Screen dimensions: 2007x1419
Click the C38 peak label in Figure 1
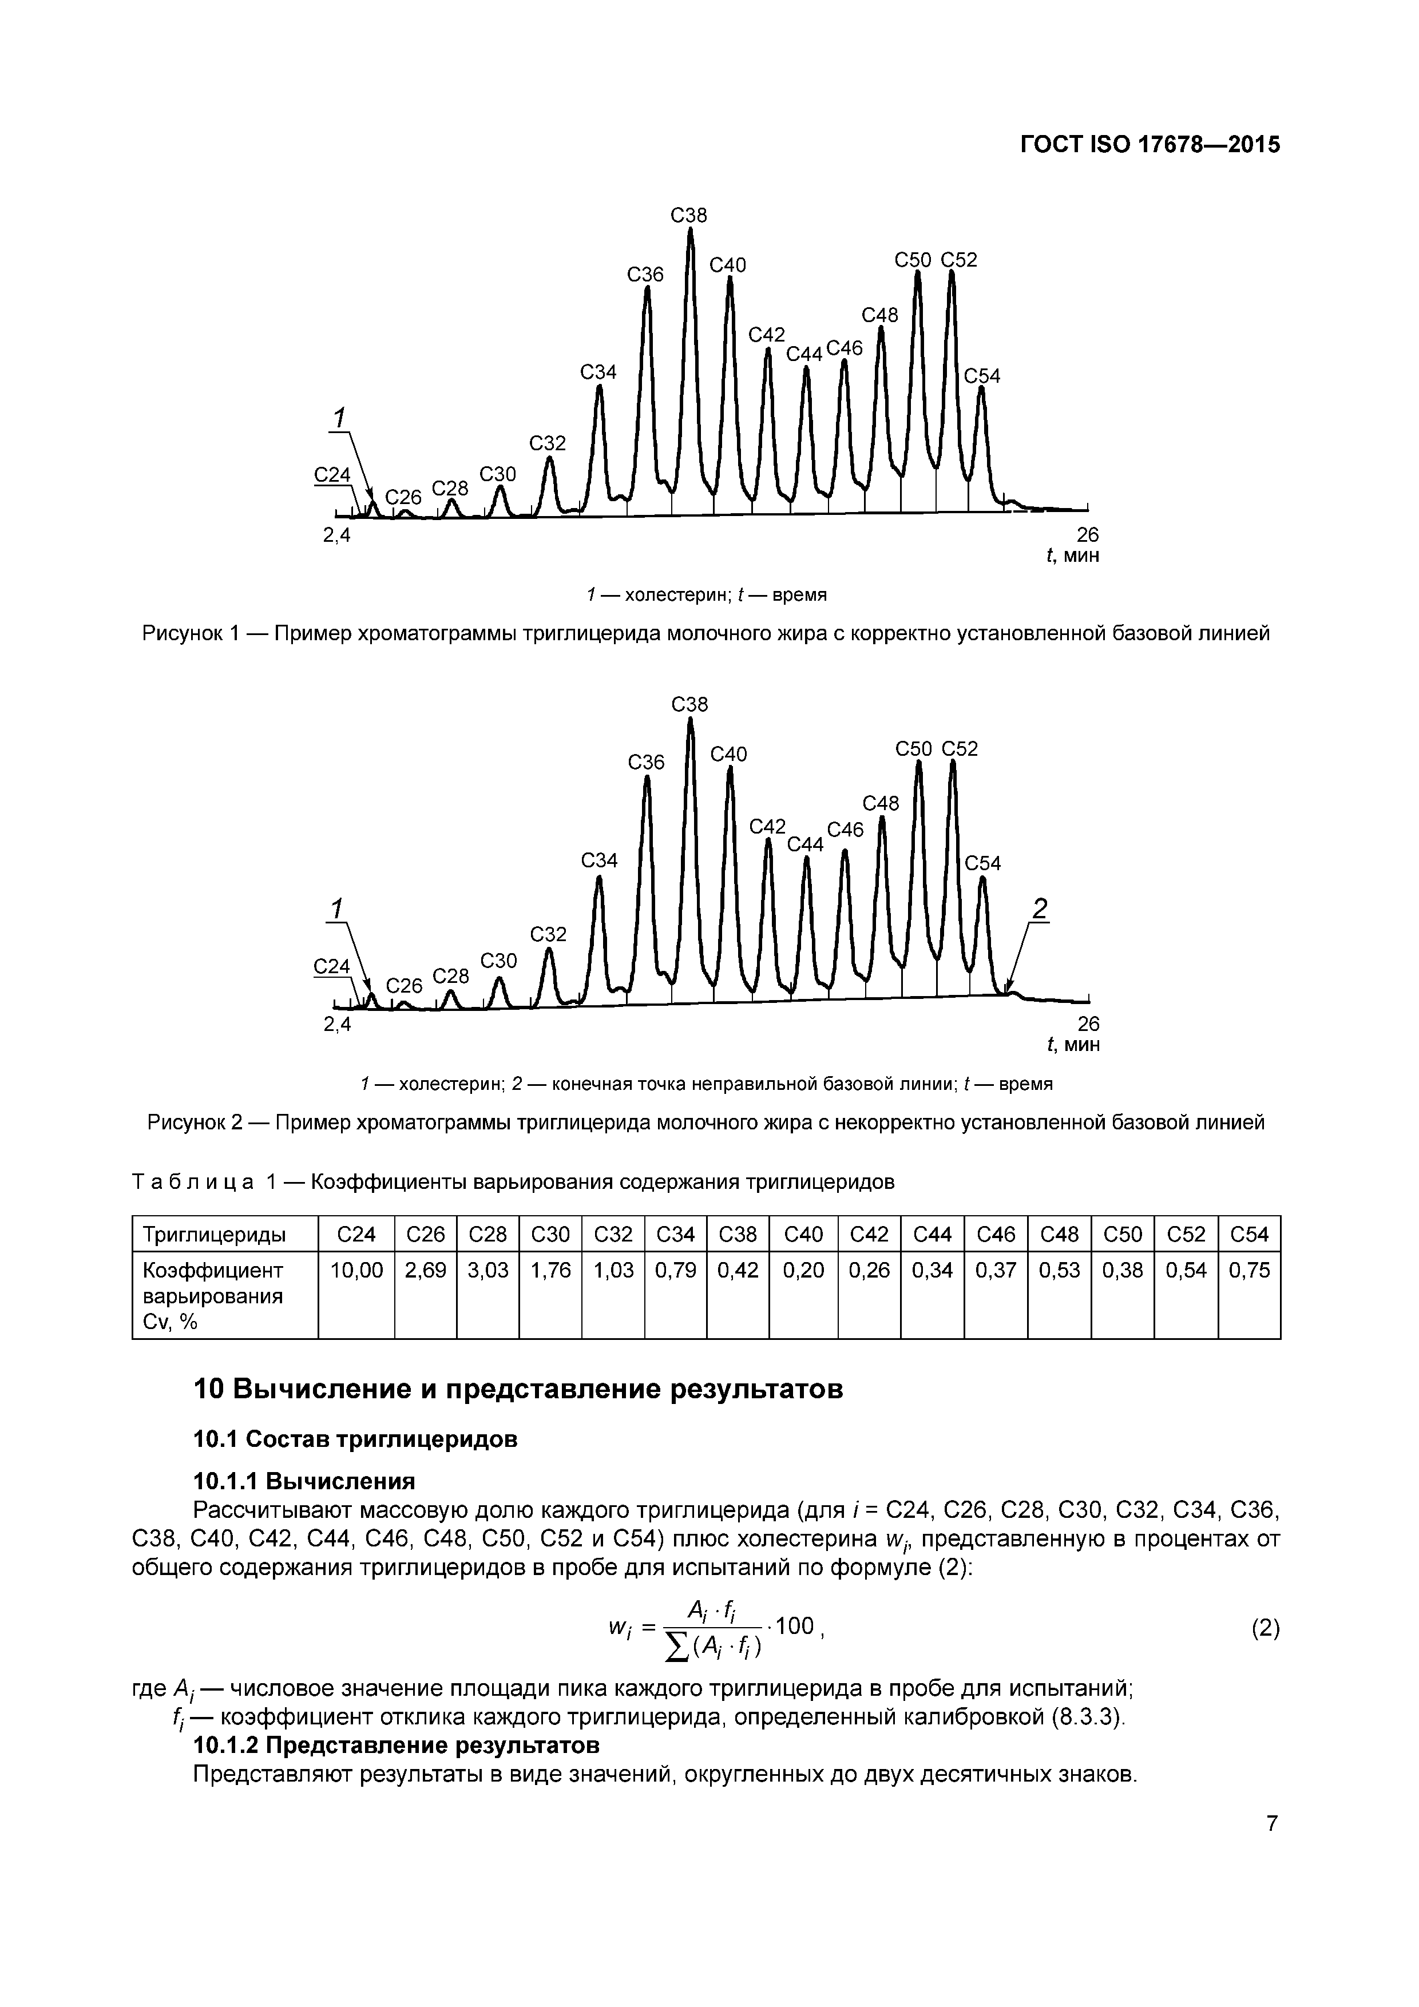pyautogui.click(x=688, y=215)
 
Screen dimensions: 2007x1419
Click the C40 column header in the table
pyautogui.click(x=803, y=1234)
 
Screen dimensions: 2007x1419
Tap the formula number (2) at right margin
pyautogui.click(x=1265, y=1628)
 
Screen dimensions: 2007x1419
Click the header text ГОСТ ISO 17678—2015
pyautogui.click(x=1150, y=144)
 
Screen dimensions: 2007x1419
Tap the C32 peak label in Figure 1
pyautogui.click(x=548, y=443)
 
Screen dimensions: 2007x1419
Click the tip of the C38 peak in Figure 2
pyautogui.click(x=691, y=719)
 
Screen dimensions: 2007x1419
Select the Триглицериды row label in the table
pyautogui.click(x=214, y=1234)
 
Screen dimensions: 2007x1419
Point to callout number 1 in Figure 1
pyautogui.click(x=340, y=417)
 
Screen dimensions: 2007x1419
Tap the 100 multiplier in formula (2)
pyautogui.click(x=794, y=1626)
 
